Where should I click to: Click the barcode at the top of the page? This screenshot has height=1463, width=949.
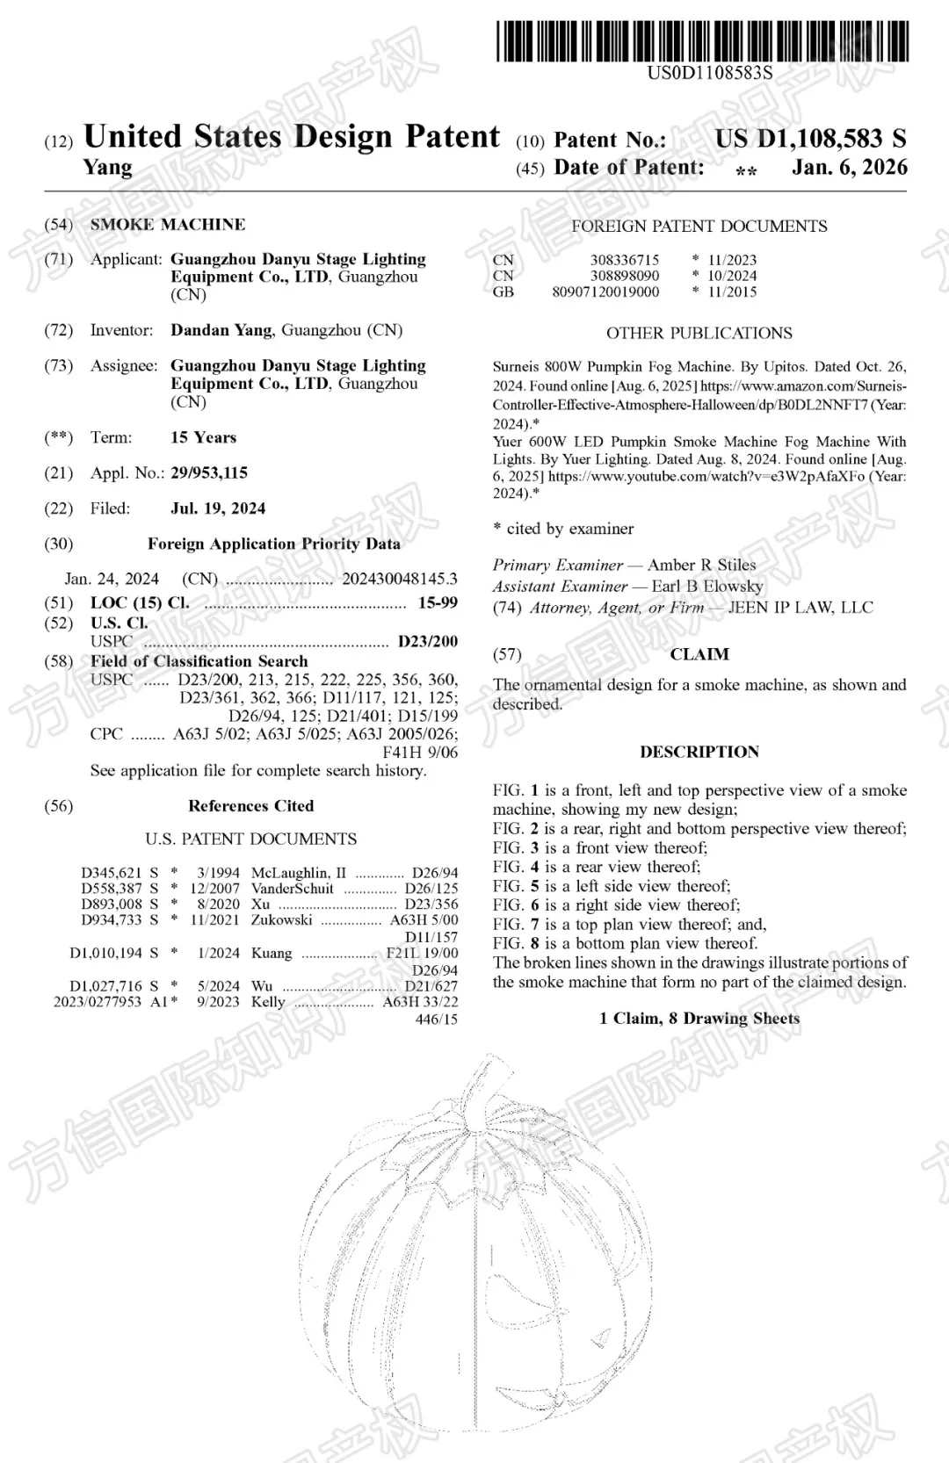point(703,41)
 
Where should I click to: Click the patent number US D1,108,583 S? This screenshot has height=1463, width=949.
point(810,139)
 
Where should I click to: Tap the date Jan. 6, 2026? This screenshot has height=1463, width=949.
point(849,167)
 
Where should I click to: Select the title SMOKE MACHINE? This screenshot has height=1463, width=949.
point(168,224)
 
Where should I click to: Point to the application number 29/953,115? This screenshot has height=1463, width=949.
point(209,472)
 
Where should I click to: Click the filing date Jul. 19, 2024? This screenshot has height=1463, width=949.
point(218,508)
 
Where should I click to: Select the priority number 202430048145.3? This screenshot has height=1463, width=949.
point(400,579)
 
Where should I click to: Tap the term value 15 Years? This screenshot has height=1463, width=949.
point(203,437)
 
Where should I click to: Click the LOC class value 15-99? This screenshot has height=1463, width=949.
point(438,603)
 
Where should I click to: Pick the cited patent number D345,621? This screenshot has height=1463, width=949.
point(112,873)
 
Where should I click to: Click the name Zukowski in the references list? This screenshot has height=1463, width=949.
point(281,920)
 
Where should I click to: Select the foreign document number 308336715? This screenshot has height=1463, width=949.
point(624,260)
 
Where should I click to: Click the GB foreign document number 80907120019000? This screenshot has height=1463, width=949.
point(605,292)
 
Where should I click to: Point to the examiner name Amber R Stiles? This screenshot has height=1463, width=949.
point(701,565)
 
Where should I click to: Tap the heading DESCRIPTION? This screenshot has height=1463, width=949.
point(699,752)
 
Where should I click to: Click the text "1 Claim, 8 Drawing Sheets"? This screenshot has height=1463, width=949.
point(699,1019)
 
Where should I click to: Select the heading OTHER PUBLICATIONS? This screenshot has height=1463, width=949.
point(699,333)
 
